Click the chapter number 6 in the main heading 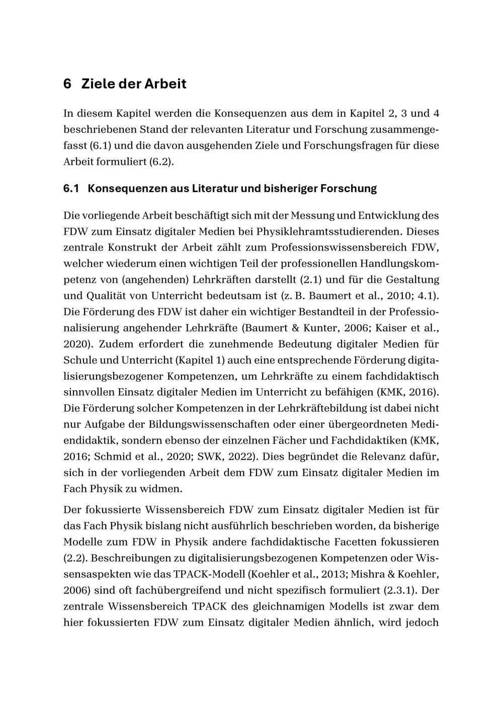tap(67, 84)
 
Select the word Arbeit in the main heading tap(165, 84)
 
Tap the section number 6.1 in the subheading tap(72, 189)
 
